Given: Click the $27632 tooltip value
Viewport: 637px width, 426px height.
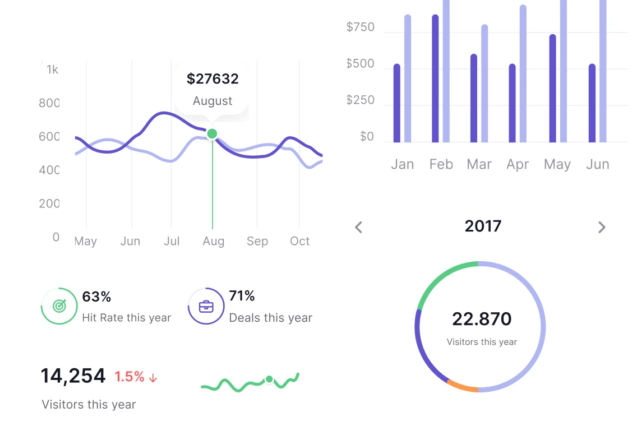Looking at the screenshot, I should (x=213, y=79).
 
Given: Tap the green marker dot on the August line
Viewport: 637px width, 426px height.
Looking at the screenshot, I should (x=212, y=133).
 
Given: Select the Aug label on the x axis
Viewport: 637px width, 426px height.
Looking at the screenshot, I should (x=213, y=241).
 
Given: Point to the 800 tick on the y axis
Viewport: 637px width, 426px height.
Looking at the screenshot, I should (x=49, y=103).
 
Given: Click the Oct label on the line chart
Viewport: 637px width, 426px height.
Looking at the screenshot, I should (x=299, y=241).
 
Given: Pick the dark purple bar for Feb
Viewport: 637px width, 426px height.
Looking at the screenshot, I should (x=435, y=78).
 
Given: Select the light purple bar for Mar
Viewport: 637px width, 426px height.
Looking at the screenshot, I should (x=484, y=84).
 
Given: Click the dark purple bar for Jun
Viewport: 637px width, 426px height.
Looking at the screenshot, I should (x=592, y=103).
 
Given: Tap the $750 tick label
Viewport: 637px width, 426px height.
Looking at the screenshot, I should (x=360, y=27).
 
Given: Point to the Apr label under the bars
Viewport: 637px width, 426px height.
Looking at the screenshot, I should (x=518, y=164).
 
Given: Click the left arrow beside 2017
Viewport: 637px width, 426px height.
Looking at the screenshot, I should (x=359, y=227).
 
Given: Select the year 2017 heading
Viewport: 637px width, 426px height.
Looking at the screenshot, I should (x=483, y=226).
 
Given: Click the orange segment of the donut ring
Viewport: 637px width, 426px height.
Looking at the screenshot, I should (x=463, y=386).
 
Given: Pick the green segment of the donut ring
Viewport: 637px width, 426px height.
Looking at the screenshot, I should (x=443, y=279).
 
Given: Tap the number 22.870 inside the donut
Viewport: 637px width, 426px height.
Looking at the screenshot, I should (x=482, y=319).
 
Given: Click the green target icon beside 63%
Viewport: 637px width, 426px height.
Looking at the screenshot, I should (x=59, y=306).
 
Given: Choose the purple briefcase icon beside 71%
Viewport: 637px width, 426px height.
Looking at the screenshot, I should (x=206, y=306).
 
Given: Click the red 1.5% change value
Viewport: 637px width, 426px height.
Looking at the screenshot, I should (x=130, y=377).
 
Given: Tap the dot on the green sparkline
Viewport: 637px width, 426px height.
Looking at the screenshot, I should (x=269, y=379).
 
